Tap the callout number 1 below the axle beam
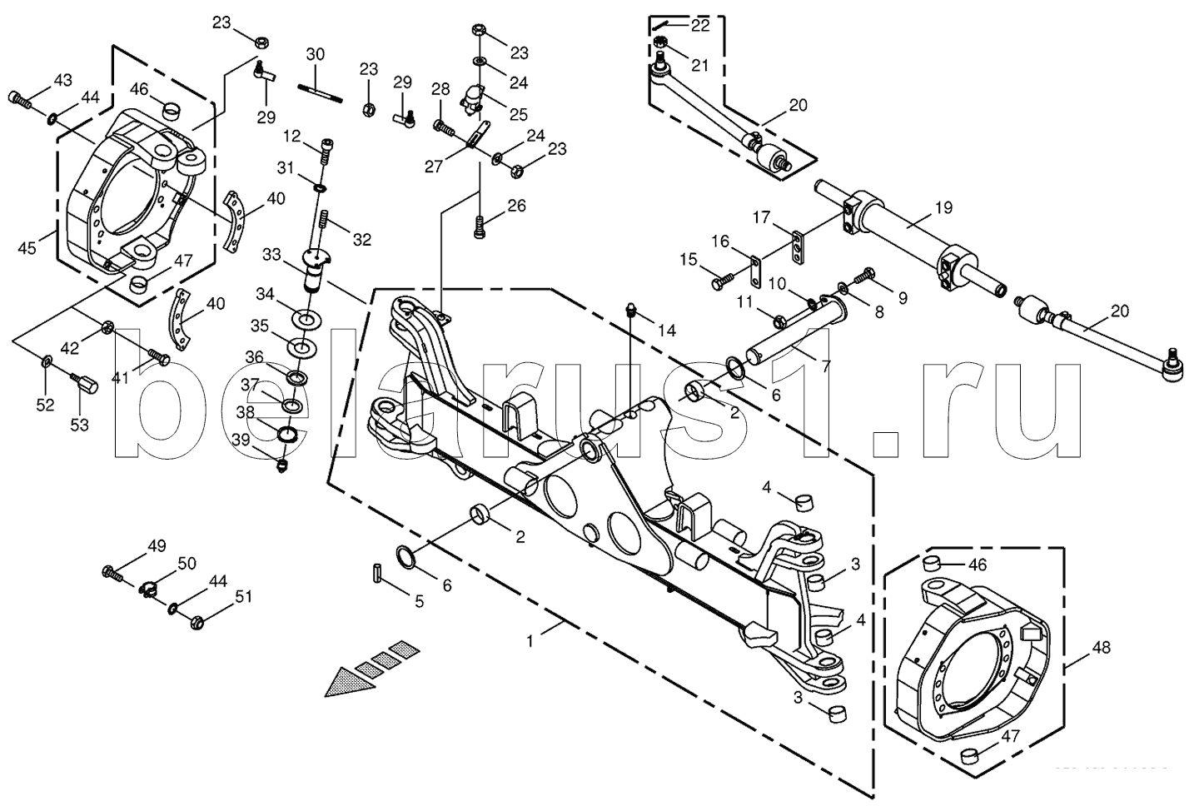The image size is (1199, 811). pyautogui.click(x=530, y=642)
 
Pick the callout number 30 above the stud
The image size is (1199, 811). pyautogui.click(x=315, y=55)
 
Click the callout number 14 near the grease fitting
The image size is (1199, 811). pyautogui.click(x=666, y=330)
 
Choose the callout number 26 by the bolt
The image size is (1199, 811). pyautogui.click(x=517, y=206)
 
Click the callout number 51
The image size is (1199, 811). pyautogui.click(x=243, y=595)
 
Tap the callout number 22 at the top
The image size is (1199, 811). pyautogui.click(x=699, y=26)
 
